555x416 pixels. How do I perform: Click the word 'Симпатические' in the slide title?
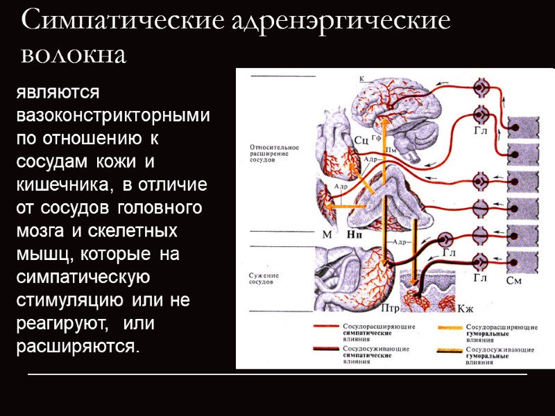[118, 21]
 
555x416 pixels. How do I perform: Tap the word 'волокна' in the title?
[74, 53]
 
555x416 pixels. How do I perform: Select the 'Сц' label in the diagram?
[361, 141]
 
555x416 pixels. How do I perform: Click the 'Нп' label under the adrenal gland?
[356, 234]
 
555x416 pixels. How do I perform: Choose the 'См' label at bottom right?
[514, 281]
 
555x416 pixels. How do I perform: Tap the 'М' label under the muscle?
[327, 234]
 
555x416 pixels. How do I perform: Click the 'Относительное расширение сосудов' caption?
[273, 153]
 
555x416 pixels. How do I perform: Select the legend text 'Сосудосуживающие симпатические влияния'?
[370, 354]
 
